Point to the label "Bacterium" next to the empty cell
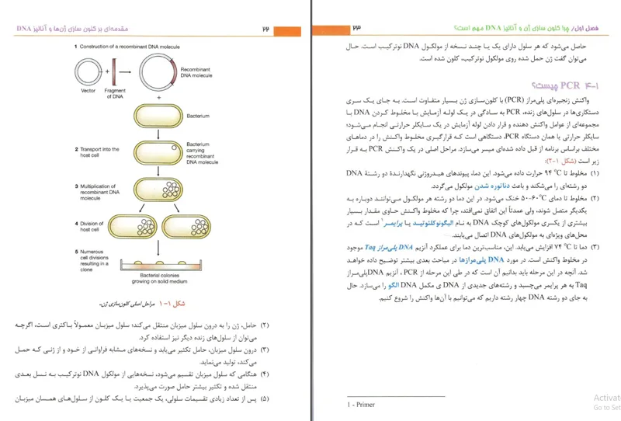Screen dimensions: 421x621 198,116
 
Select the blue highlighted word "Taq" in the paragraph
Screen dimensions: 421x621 562,245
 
